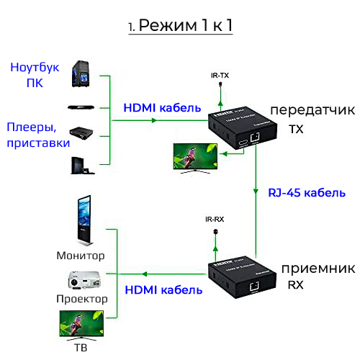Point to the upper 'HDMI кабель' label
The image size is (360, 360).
point(162,108)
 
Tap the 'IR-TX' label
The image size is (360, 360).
point(219,74)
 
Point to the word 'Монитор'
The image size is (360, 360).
point(81,256)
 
